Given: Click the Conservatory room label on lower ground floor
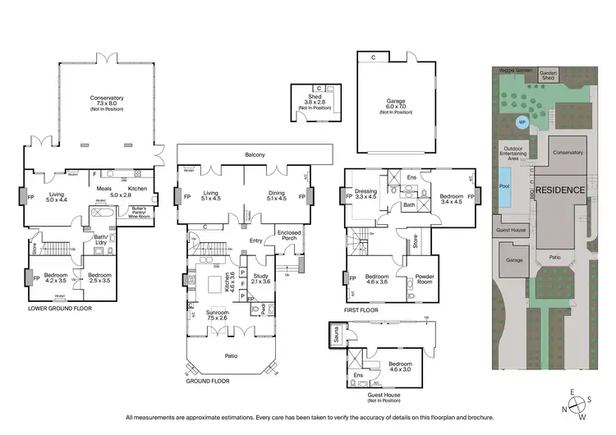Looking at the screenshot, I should coord(107,102).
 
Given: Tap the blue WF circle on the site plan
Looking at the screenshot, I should coord(522,122).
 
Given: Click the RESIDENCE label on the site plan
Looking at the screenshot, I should coord(562,190).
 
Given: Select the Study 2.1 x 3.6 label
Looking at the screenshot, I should coord(261,280).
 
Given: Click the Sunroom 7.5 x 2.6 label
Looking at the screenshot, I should coord(223,316).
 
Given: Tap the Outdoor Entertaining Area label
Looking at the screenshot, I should coord(511,153).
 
